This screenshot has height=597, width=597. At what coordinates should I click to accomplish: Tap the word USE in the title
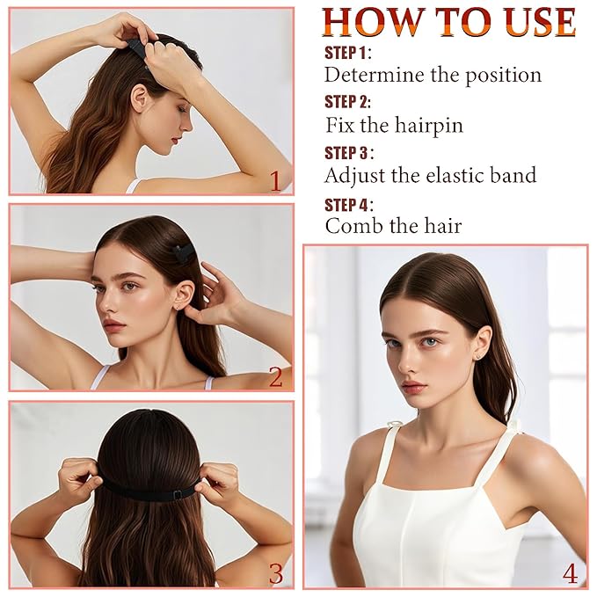pos(538,22)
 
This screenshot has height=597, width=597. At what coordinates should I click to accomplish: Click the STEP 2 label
pos(347,102)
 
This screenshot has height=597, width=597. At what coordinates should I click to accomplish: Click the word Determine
pos(374,75)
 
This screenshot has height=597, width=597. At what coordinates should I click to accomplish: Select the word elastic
pos(455,175)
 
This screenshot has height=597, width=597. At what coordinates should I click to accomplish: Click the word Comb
pos(353,225)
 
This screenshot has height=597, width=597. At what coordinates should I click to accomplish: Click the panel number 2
pos(276,377)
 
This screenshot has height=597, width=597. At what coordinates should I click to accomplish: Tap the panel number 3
pos(276,573)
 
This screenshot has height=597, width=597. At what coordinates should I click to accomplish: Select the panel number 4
pos(570,573)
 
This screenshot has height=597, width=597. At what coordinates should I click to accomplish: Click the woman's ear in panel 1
pos(140,99)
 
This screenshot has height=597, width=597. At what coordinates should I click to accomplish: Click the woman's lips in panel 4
pos(415,387)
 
